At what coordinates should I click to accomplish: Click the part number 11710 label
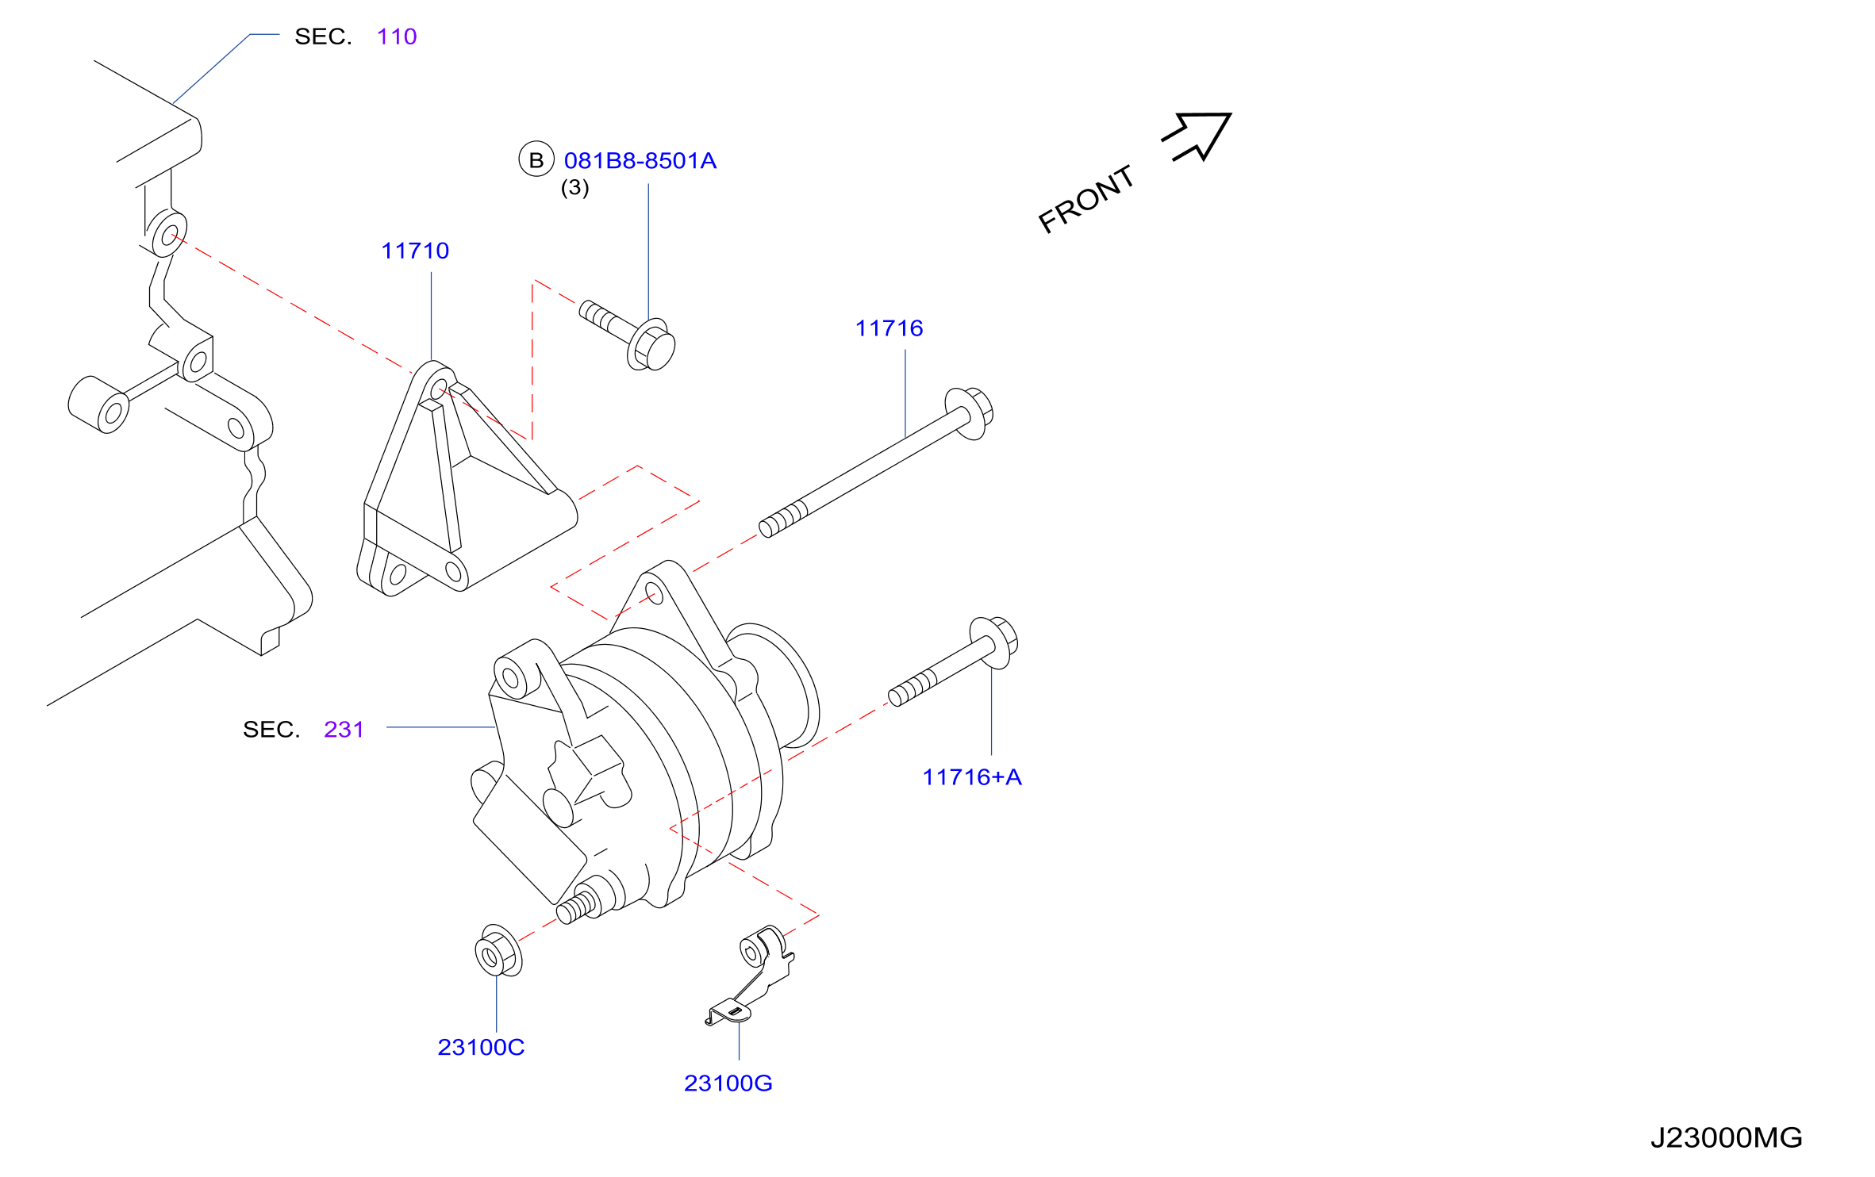[415, 251]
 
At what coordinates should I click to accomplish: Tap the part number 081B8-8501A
[640, 161]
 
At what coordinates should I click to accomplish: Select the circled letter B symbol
[536, 159]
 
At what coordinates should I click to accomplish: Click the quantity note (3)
[575, 188]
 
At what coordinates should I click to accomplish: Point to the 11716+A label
[972, 777]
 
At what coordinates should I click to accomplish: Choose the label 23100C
[481, 1048]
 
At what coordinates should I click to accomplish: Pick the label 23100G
[728, 1083]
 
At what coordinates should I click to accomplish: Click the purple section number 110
[397, 36]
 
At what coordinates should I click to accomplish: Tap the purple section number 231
[344, 730]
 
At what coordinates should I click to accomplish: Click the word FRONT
[1086, 199]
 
